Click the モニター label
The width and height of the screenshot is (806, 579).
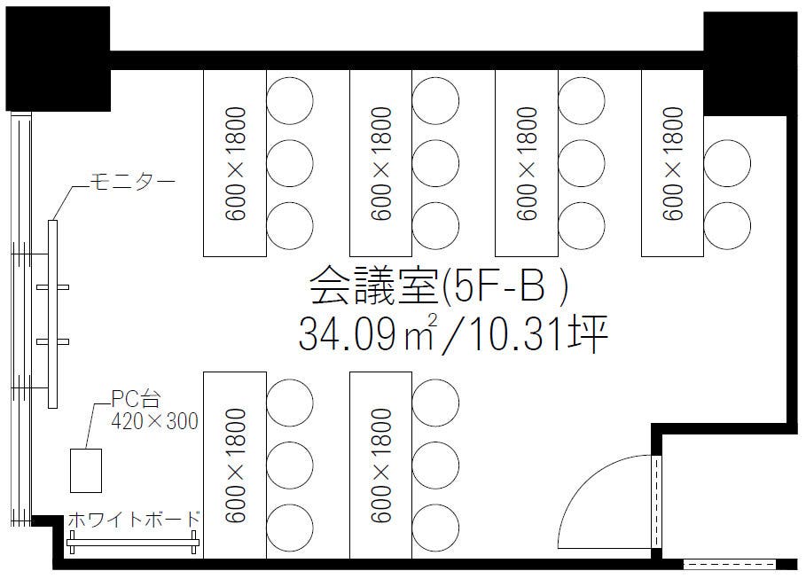133,183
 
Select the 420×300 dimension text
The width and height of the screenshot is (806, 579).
154,421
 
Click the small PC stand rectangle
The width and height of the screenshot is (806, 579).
86,469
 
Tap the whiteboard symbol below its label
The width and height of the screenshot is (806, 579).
133,543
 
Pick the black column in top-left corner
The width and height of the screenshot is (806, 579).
57,59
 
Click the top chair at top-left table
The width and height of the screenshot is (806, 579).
290,99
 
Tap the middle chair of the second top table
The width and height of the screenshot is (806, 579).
435,162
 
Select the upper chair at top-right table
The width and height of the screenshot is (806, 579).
727,162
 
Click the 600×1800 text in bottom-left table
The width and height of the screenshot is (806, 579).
235,466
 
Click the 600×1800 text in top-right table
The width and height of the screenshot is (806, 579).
673,163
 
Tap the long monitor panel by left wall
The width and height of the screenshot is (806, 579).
52,314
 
